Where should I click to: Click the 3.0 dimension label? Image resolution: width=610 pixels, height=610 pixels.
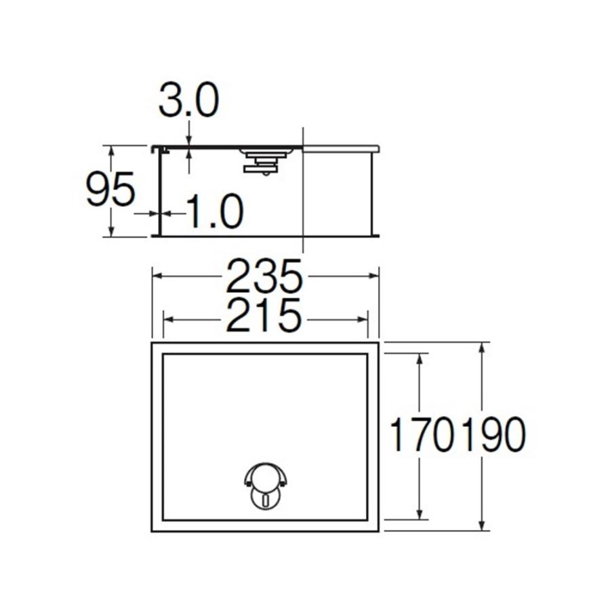tap(188, 101)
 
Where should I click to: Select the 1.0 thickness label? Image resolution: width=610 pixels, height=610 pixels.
tap(214, 212)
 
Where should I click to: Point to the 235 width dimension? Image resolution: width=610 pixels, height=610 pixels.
tap(264, 277)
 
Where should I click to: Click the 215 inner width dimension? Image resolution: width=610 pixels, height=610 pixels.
tap(264, 316)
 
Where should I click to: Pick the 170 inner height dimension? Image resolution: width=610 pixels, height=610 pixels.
tap(421, 436)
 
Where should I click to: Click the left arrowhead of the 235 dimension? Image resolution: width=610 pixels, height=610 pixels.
tap(156, 276)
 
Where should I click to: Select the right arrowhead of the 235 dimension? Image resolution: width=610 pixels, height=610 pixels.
tap(374, 276)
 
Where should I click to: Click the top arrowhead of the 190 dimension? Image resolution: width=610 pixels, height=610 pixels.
tap(482, 348)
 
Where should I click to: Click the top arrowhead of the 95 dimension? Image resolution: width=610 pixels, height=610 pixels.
tap(110, 150)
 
